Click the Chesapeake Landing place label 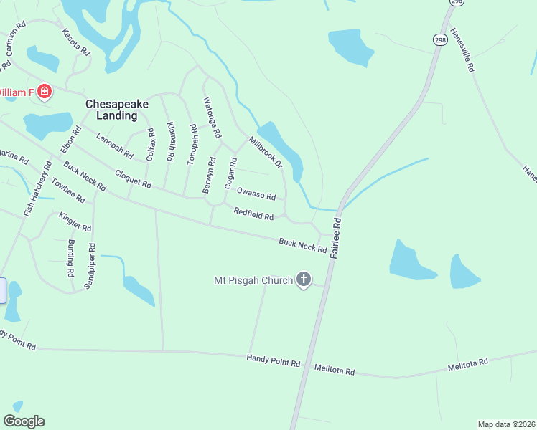coord(117,109)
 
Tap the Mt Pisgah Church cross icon coord(304,279)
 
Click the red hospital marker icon coord(45,92)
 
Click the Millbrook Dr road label coord(266,152)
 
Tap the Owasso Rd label coord(256,194)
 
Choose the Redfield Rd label coord(253,214)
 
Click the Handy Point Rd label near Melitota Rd coord(273,360)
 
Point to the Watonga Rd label coord(213,118)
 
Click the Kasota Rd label coord(76,42)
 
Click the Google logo coord(24,421)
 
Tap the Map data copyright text coord(507,424)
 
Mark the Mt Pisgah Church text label coord(254,279)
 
